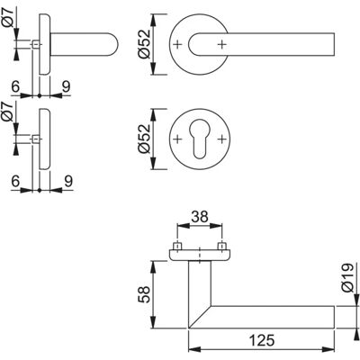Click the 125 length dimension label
(x=262, y=340)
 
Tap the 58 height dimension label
(x=145, y=294)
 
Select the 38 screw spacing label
(x=200, y=217)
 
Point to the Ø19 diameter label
(x=347, y=278)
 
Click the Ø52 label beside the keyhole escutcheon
(x=144, y=139)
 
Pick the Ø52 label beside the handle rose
(x=144, y=44)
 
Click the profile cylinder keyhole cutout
(x=199, y=139)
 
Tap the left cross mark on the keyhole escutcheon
(x=177, y=139)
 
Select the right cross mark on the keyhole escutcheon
(x=221, y=139)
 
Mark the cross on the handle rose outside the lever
(x=177, y=44)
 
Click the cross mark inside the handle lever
(x=221, y=44)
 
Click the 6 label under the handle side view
(x=15, y=86)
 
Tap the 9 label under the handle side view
(x=66, y=86)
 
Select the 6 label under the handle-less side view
(x=15, y=181)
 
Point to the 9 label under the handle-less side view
(x=68, y=181)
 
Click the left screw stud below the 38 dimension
(x=177, y=247)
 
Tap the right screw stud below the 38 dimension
(x=221, y=247)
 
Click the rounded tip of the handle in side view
(x=118, y=44)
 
